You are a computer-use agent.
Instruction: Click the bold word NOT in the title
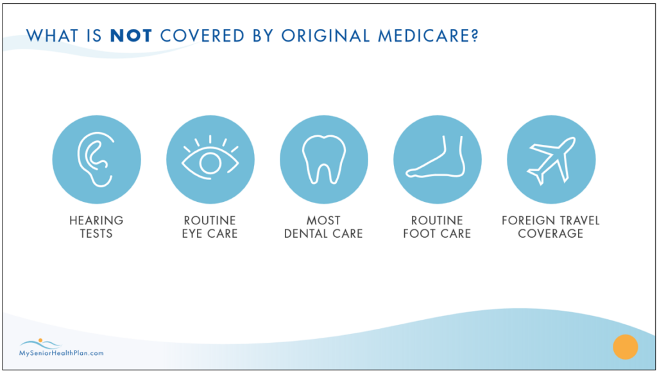[x=132, y=36]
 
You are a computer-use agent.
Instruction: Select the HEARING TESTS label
[x=96, y=227]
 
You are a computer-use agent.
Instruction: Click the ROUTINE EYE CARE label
[x=210, y=227]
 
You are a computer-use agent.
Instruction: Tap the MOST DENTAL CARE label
[x=324, y=227]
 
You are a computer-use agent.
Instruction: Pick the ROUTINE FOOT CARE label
[x=437, y=227]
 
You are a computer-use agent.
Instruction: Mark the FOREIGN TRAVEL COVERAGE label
[x=550, y=227]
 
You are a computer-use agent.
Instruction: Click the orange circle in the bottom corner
[x=624, y=347]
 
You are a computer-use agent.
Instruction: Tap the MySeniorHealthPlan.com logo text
[x=61, y=352]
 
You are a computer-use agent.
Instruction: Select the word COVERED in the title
[x=194, y=36]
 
